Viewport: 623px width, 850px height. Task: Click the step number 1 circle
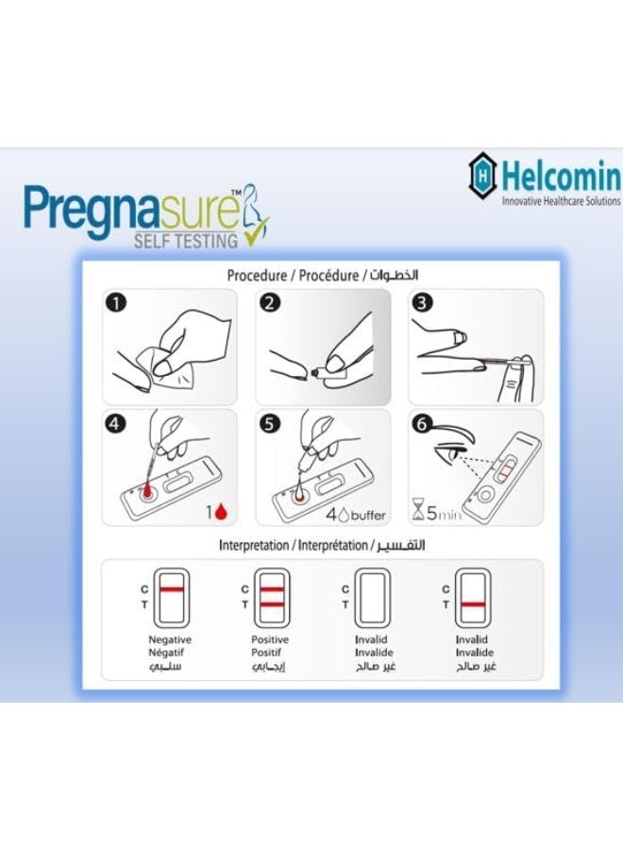[116, 304]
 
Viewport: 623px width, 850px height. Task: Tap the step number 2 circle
[270, 304]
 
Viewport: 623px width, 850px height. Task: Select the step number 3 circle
[423, 304]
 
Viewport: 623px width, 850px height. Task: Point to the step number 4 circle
[116, 424]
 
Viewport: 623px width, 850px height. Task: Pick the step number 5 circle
[270, 424]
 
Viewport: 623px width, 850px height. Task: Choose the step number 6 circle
[423, 424]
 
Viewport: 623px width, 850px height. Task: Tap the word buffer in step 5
[358, 515]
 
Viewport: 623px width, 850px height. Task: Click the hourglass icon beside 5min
[418, 514]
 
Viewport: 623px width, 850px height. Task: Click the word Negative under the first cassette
[170, 639]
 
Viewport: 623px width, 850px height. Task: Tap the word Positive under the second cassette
[268, 639]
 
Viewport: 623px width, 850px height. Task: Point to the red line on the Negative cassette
[171, 589]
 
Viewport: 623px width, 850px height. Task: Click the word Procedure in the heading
[257, 275]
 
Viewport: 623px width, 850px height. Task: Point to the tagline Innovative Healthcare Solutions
[561, 201]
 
